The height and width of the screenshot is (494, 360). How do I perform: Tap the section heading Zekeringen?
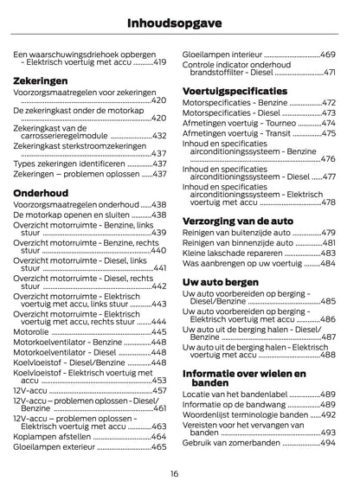[x=42, y=80]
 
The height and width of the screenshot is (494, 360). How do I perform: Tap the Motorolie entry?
[x=31, y=331]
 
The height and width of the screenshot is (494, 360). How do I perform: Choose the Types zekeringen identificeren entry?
[x=70, y=162]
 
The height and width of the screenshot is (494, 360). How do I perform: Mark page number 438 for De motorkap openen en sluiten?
[x=159, y=215]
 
